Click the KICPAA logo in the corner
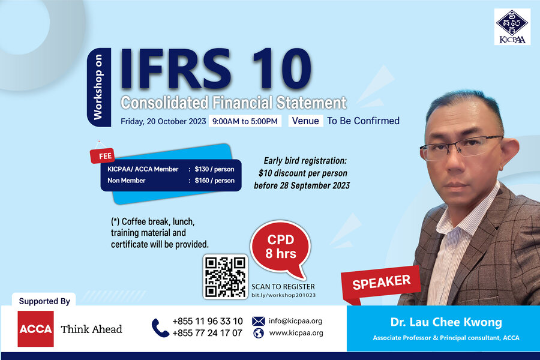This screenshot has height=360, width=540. click(512, 27)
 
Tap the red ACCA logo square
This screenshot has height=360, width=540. click(35, 329)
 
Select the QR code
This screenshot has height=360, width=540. click(225, 277)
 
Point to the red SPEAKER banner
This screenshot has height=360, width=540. click(381, 284)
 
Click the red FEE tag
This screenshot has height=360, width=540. click(103, 156)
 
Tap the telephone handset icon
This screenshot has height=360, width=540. click(160, 328)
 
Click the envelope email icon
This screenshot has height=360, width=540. click(258, 321)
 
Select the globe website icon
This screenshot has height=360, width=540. click(258, 333)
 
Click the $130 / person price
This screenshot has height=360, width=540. click(214, 169)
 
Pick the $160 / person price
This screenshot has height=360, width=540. click(215, 181)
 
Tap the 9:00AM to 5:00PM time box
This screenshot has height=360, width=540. click(245, 121)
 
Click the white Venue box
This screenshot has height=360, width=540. click(305, 121)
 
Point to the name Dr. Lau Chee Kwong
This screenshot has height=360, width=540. click(446, 322)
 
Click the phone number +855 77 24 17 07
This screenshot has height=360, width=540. click(208, 333)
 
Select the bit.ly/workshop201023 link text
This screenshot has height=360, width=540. click(283, 295)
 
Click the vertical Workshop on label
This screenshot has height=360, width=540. click(98, 87)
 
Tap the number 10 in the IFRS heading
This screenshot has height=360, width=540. click(281, 69)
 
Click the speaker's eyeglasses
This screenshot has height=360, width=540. click(461, 148)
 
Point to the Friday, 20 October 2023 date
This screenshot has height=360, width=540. click(163, 122)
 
